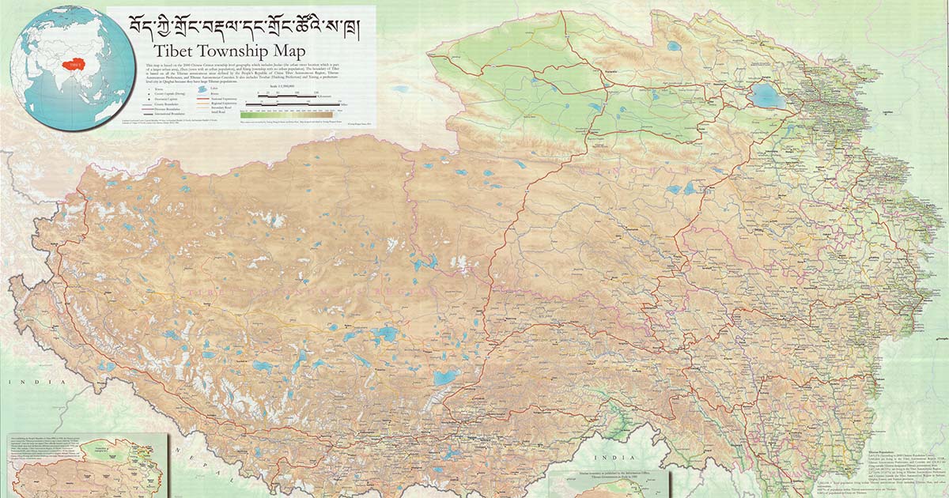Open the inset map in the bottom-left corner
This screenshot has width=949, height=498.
coord(83,466)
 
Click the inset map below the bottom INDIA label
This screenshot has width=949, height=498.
coord(605,482)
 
